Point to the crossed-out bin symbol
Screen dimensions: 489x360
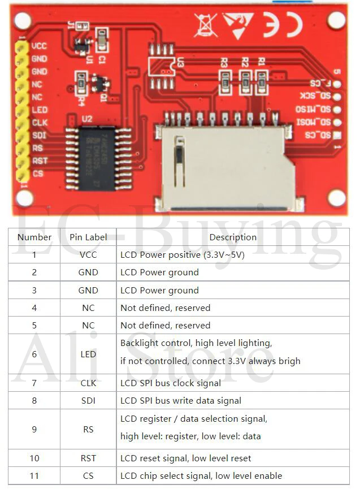[x=205, y=24]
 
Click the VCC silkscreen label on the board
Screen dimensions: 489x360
[x=40, y=46]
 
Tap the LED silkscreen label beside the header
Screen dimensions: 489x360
[x=40, y=110]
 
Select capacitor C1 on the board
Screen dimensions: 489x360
[x=102, y=41]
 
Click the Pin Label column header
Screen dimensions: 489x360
[x=88, y=237]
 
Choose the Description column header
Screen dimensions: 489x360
[x=233, y=237]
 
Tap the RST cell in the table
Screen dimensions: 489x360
[x=88, y=458]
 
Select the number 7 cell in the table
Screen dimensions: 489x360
[x=34, y=383]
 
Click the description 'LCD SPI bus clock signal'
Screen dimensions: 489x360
[x=171, y=383]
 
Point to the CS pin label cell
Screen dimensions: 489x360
[x=88, y=475]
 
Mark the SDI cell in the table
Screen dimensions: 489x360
[x=88, y=400]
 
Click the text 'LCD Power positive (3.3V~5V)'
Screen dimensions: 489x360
[x=182, y=254]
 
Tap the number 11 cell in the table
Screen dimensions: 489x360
[x=34, y=475]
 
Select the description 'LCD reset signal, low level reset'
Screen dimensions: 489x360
[x=186, y=458]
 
